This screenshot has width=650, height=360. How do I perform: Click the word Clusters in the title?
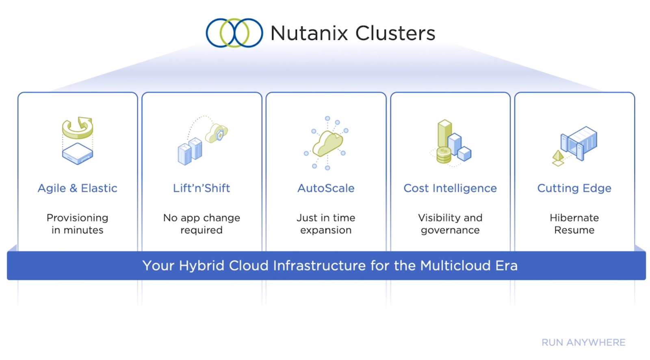395,33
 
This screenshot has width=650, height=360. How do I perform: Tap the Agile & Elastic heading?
78,188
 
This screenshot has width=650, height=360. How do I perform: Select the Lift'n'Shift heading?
201,188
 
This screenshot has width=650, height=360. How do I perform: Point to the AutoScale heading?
326,188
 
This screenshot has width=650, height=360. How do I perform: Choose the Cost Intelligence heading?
450,189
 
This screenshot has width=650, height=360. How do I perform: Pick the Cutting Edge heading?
574,189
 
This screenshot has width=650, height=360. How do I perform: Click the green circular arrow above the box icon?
78,128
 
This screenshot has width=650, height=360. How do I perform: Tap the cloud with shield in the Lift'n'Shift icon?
217,133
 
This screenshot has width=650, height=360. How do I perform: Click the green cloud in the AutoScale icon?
327,143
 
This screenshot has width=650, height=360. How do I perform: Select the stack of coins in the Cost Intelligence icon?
444,155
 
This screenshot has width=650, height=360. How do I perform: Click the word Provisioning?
78,218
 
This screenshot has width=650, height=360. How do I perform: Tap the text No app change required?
201,224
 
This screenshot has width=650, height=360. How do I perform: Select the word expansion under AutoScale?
326,230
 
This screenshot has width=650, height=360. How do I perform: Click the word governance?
450,230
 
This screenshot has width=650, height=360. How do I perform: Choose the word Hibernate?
574,218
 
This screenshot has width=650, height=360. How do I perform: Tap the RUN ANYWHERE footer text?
583,343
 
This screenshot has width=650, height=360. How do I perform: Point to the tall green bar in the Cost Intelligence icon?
444,134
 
